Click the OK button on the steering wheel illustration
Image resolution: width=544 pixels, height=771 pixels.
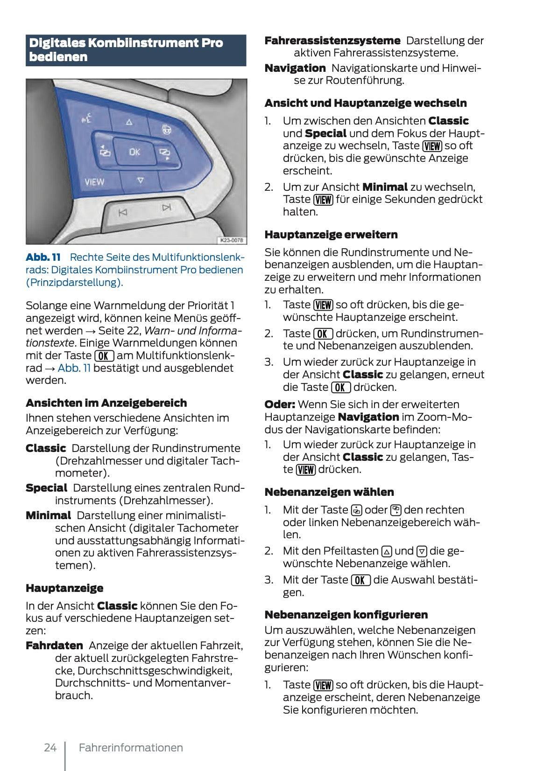(x=134, y=152)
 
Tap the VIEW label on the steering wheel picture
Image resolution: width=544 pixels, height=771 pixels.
(x=94, y=182)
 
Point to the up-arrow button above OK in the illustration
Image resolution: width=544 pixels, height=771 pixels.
(x=129, y=122)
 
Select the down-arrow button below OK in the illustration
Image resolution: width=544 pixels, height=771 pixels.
(x=140, y=181)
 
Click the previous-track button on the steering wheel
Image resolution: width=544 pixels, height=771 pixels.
(x=123, y=213)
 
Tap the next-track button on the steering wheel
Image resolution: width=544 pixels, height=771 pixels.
(x=167, y=208)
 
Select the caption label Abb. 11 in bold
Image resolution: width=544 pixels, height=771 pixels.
(x=43, y=257)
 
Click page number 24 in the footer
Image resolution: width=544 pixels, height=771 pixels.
(x=50, y=748)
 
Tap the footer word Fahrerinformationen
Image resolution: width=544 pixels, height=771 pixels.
(x=131, y=748)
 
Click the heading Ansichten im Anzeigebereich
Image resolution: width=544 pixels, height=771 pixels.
(x=106, y=403)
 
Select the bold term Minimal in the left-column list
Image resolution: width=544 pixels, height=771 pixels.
(x=48, y=515)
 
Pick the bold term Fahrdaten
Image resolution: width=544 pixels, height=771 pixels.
(x=54, y=646)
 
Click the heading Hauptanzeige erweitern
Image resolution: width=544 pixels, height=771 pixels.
(x=331, y=235)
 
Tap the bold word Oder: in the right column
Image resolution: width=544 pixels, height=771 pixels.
(x=279, y=404)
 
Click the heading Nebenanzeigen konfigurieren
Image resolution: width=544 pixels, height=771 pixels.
(x=346, y=615)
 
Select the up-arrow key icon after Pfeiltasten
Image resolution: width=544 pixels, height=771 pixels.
(x=387, y=551)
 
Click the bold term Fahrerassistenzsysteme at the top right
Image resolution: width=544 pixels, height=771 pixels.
(x=332, y=41)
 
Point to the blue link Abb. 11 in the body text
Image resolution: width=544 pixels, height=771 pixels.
(x=74, y=368)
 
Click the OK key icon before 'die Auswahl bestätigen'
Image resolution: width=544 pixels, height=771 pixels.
(x=360, y=580)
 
